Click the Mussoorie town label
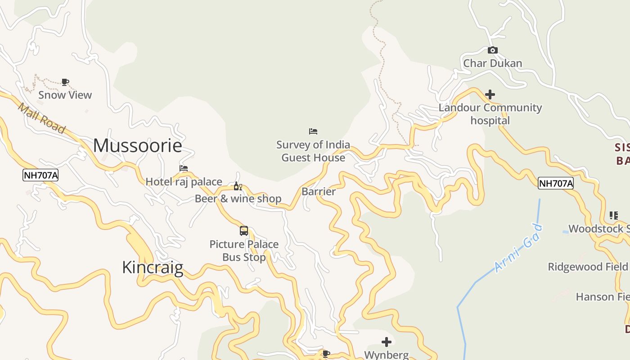pos(138,146)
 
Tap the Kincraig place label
pos(153,268)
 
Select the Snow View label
pos(65,95)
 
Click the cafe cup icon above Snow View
pos(65,82)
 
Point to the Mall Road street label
pos(41,118)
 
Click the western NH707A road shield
pos(40,175)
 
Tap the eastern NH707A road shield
pos(556,183)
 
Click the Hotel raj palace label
pos(184,182)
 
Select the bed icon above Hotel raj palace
pos(184,168)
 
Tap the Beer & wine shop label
pos(238,198)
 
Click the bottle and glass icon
pos(238,186)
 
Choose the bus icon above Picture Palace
pos(244,231)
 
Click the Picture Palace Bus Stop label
pos(244,251)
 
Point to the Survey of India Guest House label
pos(313,151)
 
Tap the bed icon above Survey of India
pos(313,131)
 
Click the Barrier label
pos(319,192)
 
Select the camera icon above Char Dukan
pos(493,50)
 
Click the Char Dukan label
pos(493,63)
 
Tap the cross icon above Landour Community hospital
pos(490,94)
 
